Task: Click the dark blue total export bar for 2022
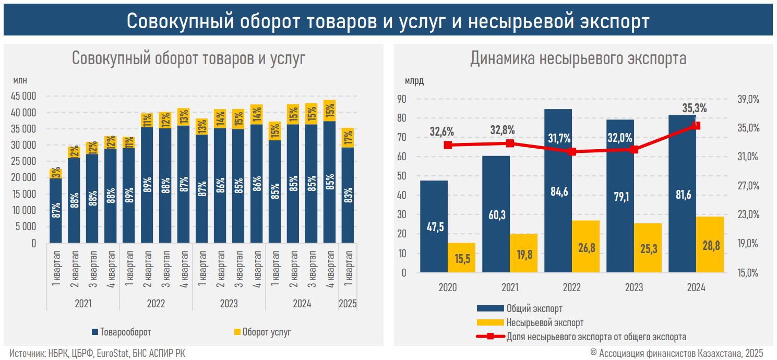click(558, 157)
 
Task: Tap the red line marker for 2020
click(448, 145)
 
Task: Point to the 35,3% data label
click(694, 109)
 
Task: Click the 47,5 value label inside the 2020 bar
click(434, 227)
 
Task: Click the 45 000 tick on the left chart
click(23, 96)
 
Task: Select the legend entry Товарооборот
click(121, 332)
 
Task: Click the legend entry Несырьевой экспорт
click(544, 323)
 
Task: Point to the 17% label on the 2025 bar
click(348, 138)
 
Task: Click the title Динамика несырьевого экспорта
click(578, 58)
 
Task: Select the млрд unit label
click(414, 81)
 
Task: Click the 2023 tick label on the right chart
click(634, 288)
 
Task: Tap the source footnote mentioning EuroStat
click(97, 353)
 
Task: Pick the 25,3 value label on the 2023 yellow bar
click(648, 249)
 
